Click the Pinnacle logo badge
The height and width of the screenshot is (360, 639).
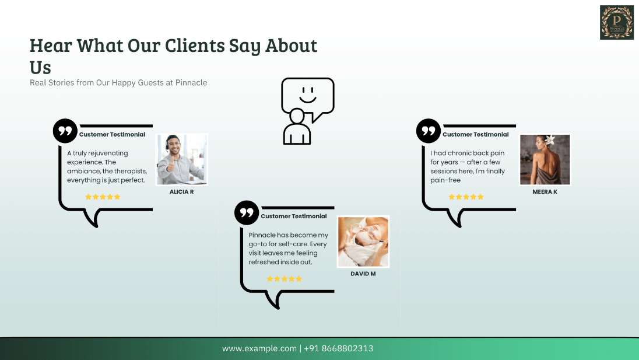[x=617, y=22]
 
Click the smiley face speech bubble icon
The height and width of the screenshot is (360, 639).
[x=308, y=111]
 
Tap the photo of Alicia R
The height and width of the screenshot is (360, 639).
[x=182, y=159]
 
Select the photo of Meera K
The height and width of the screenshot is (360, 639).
[x=545, y=159]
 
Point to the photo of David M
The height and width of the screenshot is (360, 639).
[x=363, y=242]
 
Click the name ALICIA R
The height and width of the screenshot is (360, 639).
[x=182, y=191]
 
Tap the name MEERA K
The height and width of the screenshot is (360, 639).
[x=545, y=191]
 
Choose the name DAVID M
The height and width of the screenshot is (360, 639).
[x=363, y=274]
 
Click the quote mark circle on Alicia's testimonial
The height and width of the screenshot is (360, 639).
[x=65, y=131]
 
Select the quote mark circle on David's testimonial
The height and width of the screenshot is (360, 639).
[x=247, y=213]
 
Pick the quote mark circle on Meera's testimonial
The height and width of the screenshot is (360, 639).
[x=429, y=131]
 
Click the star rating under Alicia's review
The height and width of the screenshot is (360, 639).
[x=103, y=197]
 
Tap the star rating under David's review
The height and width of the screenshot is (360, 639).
[x=285, y=279]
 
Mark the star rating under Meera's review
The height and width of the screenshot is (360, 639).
[x=466, y=197]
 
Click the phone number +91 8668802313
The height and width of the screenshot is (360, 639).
[x=338, y=348]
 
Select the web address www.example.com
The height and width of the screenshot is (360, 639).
[x=259, y=348]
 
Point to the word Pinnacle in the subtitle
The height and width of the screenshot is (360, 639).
[x=191, y=83]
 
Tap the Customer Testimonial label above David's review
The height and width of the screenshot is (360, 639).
[x=294, y=216]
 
